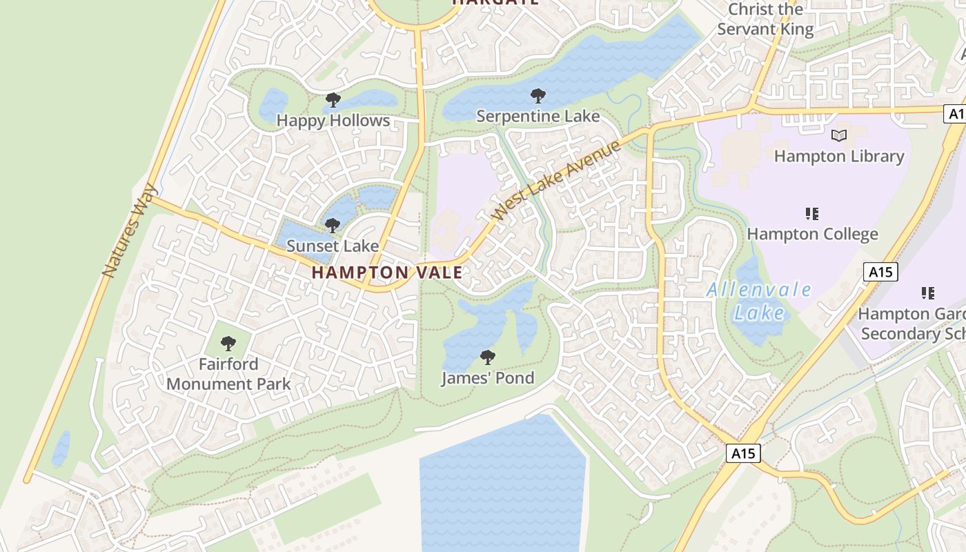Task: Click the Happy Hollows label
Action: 333,121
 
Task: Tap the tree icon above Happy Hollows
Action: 333,101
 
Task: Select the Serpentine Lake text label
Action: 538,116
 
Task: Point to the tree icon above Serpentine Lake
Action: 538,96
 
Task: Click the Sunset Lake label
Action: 333,246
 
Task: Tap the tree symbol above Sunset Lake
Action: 333,226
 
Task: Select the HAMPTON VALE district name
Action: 387,273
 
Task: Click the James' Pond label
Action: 488,378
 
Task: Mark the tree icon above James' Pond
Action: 488,357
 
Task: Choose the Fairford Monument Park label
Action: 228,374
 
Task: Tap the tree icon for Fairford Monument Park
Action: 228,344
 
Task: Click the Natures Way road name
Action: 130,230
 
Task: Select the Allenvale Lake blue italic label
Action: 759,302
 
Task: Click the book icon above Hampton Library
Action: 839,136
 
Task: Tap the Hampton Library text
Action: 839,157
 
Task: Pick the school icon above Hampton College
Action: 812,214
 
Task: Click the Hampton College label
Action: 812,235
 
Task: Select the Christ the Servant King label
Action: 766,19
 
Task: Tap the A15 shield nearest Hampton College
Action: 880,272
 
